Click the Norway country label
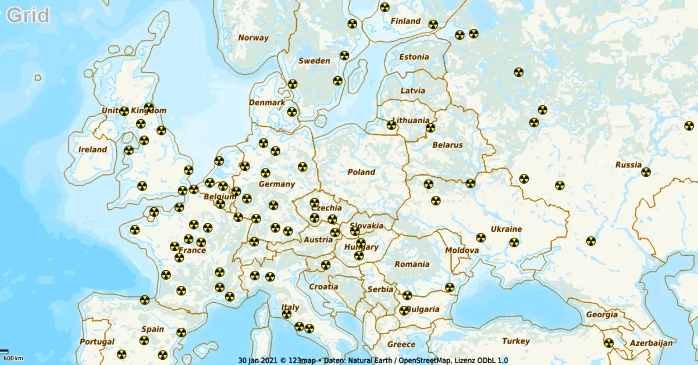pos(254,38)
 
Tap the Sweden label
pos(314,61)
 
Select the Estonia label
pos(414,57)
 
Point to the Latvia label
pos(413,91)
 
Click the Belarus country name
pos(447,145)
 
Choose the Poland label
pos(361,172)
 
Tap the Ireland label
pos(92,149)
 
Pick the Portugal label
pos(97,342)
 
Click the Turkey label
pos(516,341)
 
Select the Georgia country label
pos(601,314)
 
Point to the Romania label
pos(411,264)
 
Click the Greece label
pos(401,344)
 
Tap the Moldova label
pos(462,251)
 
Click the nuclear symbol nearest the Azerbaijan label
pos(608,343)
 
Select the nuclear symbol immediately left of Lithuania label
pos(391,125)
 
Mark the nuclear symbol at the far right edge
pos(689,126)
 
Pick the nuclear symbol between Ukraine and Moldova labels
pos(480,238)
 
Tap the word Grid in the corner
pos(28,15)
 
